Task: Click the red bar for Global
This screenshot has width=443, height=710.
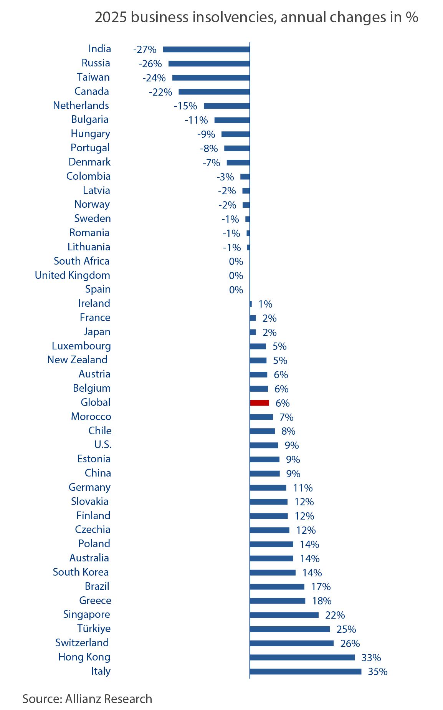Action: (259, 403)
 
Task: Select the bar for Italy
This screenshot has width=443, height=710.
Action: (305, 672)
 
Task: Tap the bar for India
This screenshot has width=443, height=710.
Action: (206, 50)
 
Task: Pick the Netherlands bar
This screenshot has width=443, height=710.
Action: (226, 106)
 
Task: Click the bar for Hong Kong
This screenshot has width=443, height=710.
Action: (302, 657)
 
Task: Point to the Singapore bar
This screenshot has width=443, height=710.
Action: (284, 615)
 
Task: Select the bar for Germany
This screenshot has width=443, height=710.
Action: (268, 488)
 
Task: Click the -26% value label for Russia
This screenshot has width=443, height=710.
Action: (150, 64)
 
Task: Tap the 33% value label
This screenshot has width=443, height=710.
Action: (371, 658)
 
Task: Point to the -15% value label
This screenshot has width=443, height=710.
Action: (185, 106)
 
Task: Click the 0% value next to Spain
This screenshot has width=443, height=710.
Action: (236, 290)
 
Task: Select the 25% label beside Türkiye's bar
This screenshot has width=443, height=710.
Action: (346, 629)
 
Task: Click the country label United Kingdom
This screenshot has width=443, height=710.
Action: (73, 275)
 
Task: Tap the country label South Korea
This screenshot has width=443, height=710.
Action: (81, 572)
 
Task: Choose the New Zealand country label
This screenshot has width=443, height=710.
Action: (77, 360)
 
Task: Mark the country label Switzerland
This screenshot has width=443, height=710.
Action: (82, 643)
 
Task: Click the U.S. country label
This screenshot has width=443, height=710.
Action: (103, 445)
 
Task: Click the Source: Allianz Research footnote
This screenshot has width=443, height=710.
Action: (87, 699)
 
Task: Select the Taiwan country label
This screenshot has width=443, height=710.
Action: (93, 77)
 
